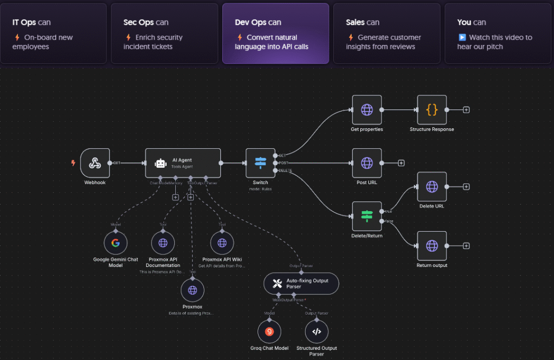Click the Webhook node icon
point(95,162)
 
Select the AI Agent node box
point(183,162)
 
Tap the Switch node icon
point(260,162)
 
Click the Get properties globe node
point(366,110)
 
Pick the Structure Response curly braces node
point(432,110)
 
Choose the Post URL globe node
point(366,162)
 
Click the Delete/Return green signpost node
point(366,216)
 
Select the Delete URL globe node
point(432,187)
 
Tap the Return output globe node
point(432,246)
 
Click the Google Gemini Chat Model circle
point(115,243)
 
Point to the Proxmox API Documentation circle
point(163,243)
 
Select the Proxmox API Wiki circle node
point(222,243)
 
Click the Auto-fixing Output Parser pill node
point(301,283)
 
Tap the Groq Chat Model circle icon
point(269,331)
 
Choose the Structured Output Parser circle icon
point(316,331)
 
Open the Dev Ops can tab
point(275,34)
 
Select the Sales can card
point(386,34)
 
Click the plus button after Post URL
point(401,162)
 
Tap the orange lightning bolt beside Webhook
point(74,162)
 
